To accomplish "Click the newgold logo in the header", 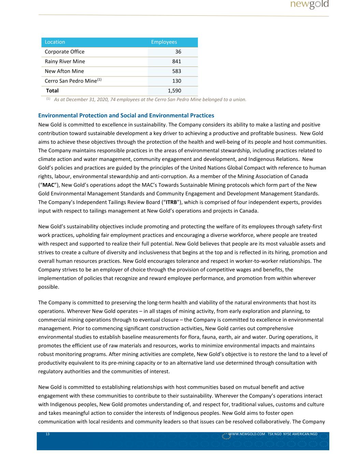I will [x=309, y=4].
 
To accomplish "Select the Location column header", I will [x=55, y=42].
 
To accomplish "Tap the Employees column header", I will [x=164, y=42].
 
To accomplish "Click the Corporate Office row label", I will [x=64, y=52].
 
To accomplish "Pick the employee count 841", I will [x=176, y=61].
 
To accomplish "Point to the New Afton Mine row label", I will [x=64, y=71].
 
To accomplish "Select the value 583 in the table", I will [x=176, y=71].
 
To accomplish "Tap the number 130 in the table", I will [x=176, y=81].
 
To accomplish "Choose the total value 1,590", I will [x=174, y=91].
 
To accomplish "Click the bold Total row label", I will [x=52, y=91].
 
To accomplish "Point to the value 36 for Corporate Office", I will [x=178, y=52].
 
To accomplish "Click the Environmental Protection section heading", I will [x=126, y=115].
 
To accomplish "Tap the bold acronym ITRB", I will [x=171, y=202].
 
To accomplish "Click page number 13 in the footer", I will [x=47, y=434].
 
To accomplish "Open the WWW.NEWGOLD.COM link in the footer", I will [x=246, y=434].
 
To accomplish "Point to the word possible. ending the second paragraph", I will [x=48, y=287].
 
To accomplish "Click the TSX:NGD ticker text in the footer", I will [x=274, y=434].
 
